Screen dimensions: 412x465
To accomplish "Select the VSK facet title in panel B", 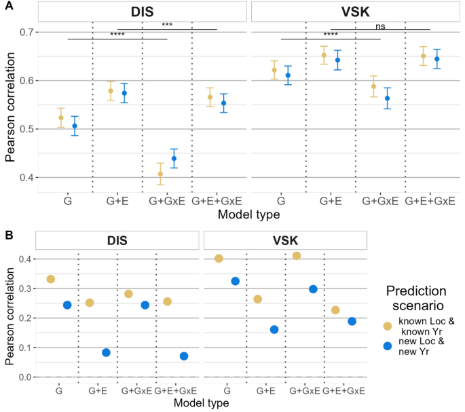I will tap(285, 240).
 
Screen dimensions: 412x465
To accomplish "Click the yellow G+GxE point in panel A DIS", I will tap(160, 174).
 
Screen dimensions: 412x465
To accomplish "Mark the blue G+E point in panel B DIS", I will tap(106, 352).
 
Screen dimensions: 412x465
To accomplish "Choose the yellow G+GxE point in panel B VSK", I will tap(296, 256).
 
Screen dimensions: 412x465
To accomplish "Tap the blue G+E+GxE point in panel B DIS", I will tap(184, 356).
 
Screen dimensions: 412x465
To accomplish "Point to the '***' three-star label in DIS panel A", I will tap(167, 25).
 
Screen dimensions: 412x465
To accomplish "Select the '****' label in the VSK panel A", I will tap(331, 35).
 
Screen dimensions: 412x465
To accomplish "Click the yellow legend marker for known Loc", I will tap(386, 326).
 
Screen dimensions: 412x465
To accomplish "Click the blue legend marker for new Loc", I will tap(386, 346).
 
